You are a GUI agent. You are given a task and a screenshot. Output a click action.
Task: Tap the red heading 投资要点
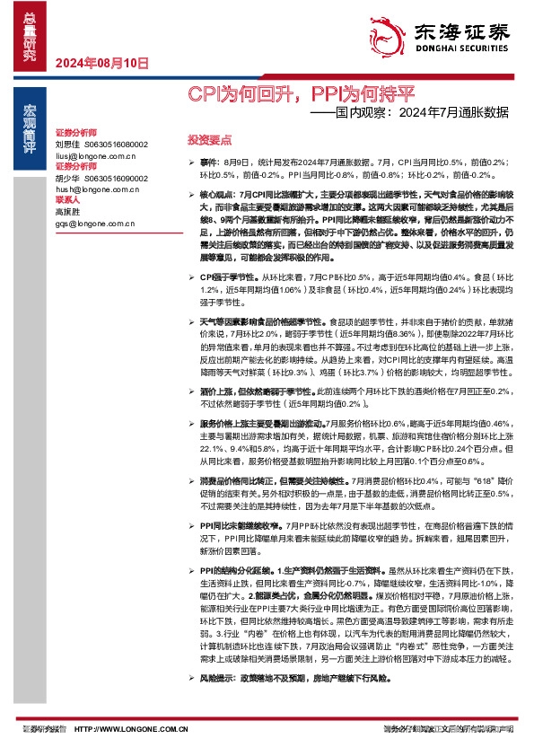coord(209,140)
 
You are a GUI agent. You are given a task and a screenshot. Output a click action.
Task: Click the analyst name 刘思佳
coord(67,144)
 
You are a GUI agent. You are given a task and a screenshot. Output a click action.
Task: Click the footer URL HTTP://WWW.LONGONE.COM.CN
coord(129,730)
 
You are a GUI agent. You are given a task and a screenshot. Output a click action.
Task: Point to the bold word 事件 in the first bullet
coord(208,162)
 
